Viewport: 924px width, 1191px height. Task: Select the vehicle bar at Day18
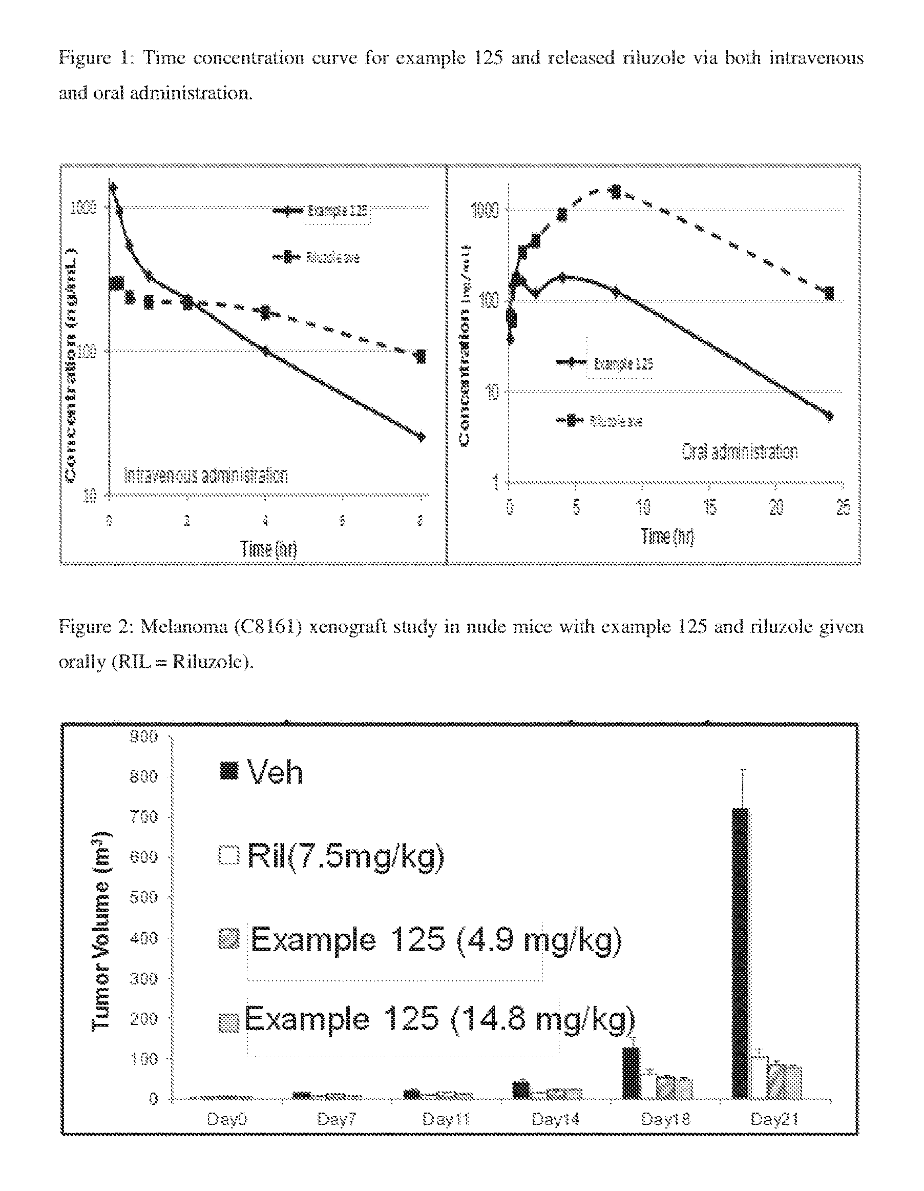point(631,1073)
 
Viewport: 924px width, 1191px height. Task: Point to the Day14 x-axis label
point(555,1120)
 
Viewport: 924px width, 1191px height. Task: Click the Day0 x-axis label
point(227,1120)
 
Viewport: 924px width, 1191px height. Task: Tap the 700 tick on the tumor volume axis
point(143,817)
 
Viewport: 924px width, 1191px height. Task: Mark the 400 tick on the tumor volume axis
point(143,938)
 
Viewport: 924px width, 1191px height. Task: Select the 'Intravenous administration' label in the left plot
point(206,475)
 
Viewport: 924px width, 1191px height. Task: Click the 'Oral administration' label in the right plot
point(739,451)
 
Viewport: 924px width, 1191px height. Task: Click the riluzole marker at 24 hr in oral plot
point(829,293)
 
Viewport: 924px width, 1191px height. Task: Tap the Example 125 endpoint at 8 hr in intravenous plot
point(421,436)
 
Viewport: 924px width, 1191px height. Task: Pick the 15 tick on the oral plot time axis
point(709,508)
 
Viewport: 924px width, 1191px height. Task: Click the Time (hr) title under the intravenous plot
point(269,548)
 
